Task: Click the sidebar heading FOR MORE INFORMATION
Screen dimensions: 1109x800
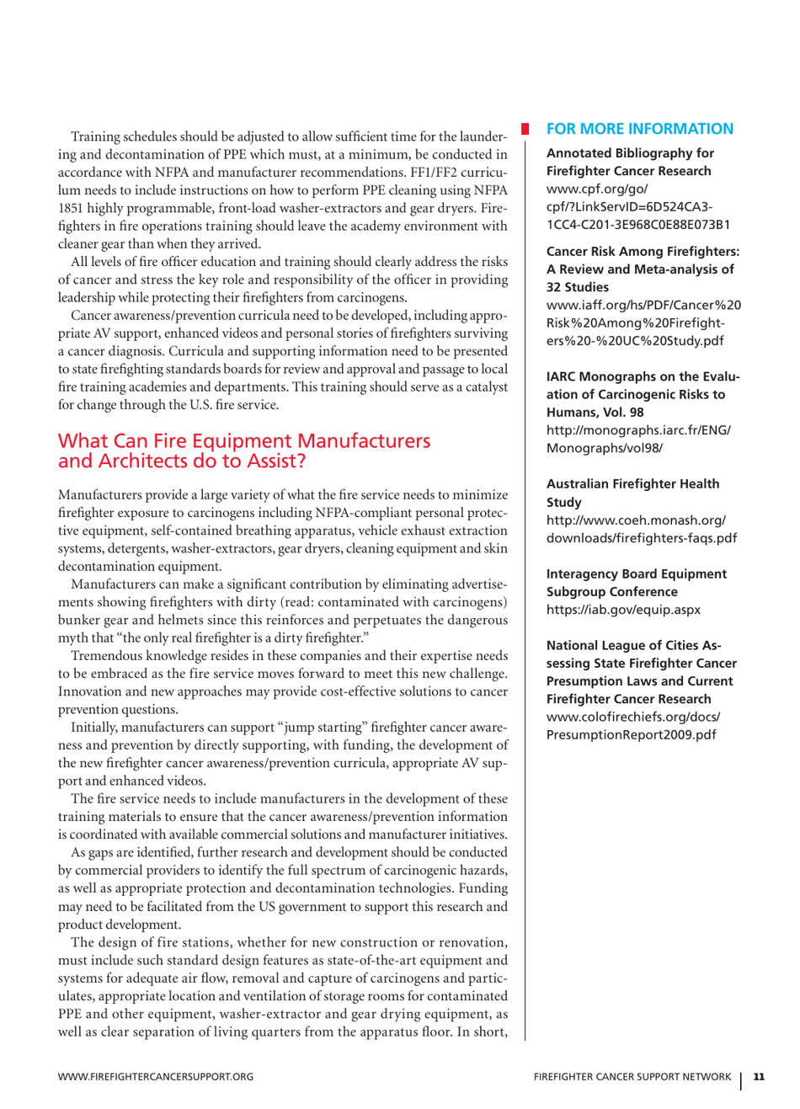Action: pos(639,129)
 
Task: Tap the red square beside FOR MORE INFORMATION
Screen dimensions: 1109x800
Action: pos(525,129)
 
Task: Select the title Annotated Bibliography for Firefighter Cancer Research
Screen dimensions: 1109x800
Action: pos(629,162)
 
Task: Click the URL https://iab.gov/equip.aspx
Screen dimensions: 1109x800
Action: pos(622,610)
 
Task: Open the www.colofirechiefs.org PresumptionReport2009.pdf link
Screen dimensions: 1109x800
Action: pos(632,726)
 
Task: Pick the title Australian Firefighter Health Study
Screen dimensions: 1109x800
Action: pos(632,493)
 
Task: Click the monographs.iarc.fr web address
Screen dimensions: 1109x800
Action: pos(637,439)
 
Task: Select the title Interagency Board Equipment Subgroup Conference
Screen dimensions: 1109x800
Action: pos(636,583)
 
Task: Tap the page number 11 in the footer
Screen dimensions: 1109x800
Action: pos(759,1076)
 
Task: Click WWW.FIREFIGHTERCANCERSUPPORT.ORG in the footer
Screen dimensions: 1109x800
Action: pos(155,1076)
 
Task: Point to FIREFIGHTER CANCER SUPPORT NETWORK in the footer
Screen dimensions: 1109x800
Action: pos(632,1076)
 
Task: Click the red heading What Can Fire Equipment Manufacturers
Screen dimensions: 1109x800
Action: pos(243,441)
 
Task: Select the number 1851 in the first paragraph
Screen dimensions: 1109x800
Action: pos(70,208)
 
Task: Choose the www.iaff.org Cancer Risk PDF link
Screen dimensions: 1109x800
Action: pos(643,323)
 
